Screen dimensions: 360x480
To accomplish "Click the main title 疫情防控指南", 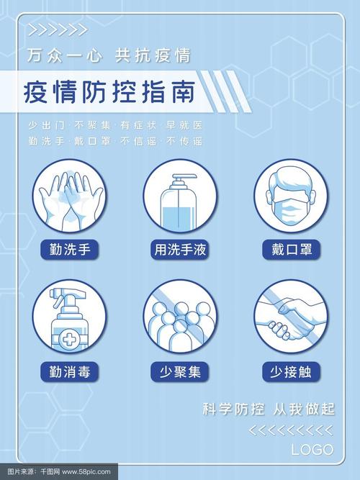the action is [109, 92].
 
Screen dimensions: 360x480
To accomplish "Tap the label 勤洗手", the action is [70, 250].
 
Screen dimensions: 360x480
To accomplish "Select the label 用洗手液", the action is [180, 250].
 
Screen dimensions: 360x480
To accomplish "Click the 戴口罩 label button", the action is [292, 250].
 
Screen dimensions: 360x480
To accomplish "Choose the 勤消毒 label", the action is [70, 372].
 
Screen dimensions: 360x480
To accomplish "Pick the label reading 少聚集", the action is [180, 372].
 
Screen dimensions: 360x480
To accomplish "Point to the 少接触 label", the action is [292, 372].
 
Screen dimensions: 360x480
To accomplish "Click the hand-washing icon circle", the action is [70, 196].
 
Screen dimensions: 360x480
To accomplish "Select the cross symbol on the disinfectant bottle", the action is [69, 339].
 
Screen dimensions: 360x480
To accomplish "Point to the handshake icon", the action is [290, 319].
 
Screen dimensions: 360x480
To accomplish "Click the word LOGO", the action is [312, 450].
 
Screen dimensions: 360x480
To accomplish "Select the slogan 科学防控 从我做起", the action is [269, 409].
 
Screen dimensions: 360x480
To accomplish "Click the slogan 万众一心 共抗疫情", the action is [109, 55].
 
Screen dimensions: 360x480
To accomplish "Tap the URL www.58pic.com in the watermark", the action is [86, 472].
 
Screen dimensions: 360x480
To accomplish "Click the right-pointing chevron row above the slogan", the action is [58, 30].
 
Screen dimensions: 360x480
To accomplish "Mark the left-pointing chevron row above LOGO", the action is [291, 430].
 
